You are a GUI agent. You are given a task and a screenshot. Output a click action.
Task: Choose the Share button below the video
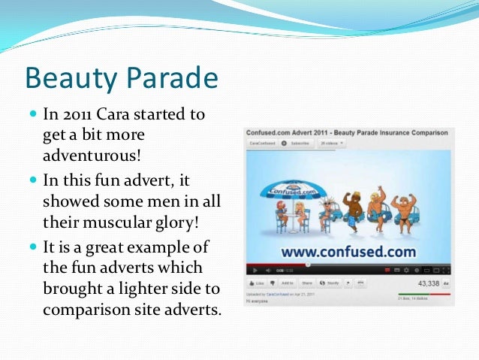pos(308,283)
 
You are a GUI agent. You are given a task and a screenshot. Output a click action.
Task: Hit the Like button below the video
pos(258,283)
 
